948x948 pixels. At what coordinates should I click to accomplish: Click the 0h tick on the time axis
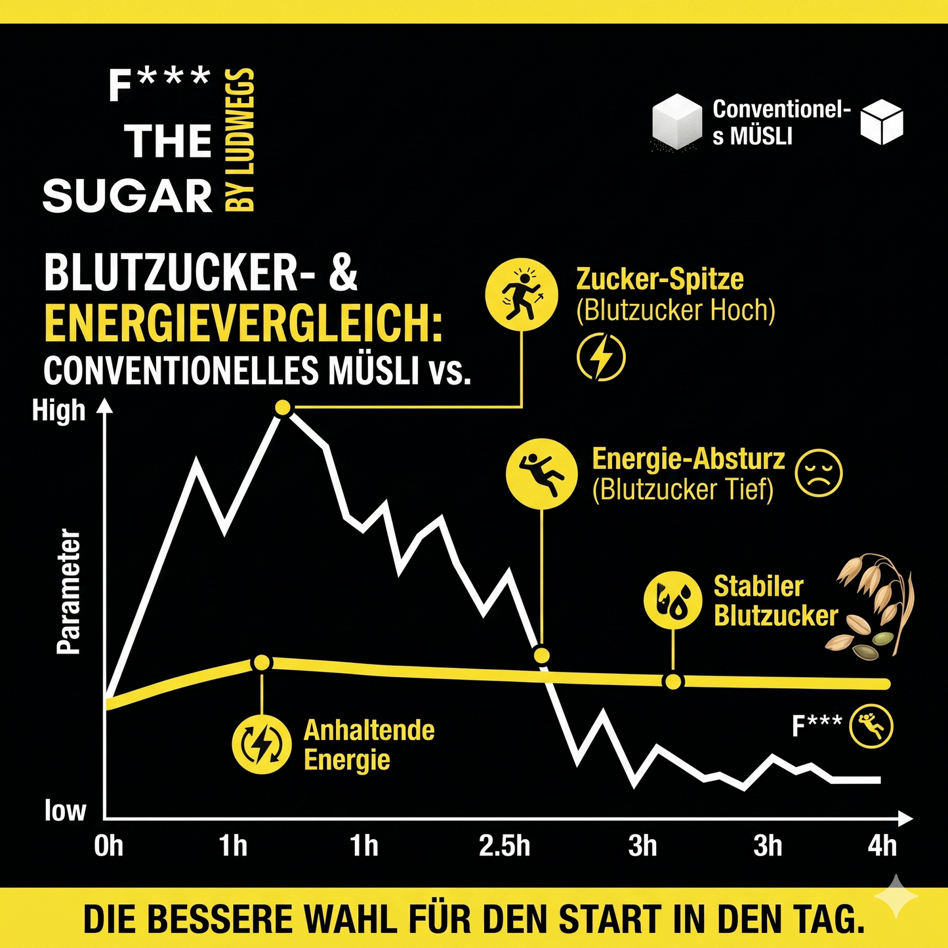tap(108, 846)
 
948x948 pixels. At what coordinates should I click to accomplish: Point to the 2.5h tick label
tap(504, 846)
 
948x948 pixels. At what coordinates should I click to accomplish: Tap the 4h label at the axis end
tap(882, 846)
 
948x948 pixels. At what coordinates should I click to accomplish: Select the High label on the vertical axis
tap(58, 411)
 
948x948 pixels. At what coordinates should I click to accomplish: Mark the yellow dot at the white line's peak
tap(283, 407)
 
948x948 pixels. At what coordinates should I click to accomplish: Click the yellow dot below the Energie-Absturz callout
tap(541, 655)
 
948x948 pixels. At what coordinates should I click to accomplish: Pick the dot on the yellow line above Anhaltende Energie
tap(262, 663)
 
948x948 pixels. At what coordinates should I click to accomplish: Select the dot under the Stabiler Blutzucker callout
tap(673, 682)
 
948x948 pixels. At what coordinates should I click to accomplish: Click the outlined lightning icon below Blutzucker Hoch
tap(601, 357)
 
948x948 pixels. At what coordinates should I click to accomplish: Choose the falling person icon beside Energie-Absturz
tap(542, 474)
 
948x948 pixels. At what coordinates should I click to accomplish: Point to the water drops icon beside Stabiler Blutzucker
tap(673, 600)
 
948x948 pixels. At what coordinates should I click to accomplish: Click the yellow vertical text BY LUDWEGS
tap(240, 140)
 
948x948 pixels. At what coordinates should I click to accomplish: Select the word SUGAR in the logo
tap(128, 196)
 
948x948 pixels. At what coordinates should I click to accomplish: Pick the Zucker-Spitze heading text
tap(659, 279)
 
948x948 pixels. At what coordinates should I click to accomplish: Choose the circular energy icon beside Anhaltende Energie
tap(262, 744)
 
